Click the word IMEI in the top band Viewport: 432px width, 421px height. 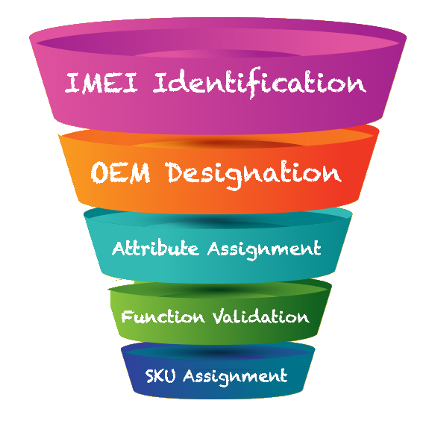pyautogui.click(x=101, y=83)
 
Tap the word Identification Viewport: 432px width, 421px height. pyautogui.click(x=259, y=83)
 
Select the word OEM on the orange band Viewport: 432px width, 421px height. pyautogui.click(x=121, y=173)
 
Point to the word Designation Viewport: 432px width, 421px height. pyautogui.click(x=254, y=175)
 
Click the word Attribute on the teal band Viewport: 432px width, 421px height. pyautogui.click(x=155, y=248)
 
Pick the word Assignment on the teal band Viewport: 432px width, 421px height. pyautogui.click(x=264, y=249)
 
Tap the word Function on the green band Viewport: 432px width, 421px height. pyautogui.click(x=163, y=316)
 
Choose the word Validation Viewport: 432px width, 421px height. pyautogui.click(x=260, y=316)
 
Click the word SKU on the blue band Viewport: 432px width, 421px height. pyautogui.click(x=160, y=375)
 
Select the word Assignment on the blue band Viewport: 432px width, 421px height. pyautogui.click(x=235, y=377)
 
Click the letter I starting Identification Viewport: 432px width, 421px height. pyautogui.click(x=159, y=83)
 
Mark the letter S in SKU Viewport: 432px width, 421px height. pyautogui.click(x=150, y=376)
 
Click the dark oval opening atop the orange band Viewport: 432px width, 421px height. pyautogui.click(x=218, y=143)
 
